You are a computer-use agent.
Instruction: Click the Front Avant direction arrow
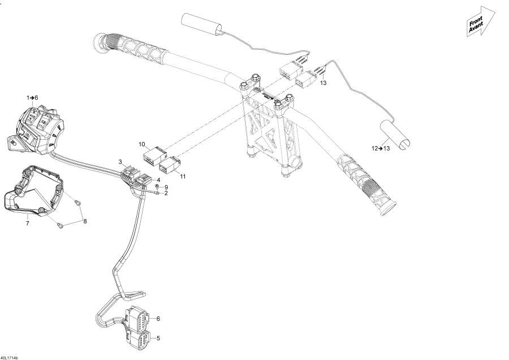point(478,22)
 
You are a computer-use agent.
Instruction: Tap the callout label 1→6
point(32,98)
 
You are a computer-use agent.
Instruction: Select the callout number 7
point(27,224)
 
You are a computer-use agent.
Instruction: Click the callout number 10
point(142,144)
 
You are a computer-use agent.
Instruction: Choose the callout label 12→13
point(381,148)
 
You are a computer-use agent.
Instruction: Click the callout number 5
point(158,338)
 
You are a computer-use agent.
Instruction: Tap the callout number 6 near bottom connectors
point(158,319)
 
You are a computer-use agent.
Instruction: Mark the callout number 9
point(166,187)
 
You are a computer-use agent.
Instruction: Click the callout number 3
point(120,162)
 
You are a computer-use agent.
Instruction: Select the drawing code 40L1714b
point(10,357)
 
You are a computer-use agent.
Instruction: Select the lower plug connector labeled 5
point(141,340)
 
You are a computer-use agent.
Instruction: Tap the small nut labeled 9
point(157,186)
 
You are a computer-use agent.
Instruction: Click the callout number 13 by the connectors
point(323,83)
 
